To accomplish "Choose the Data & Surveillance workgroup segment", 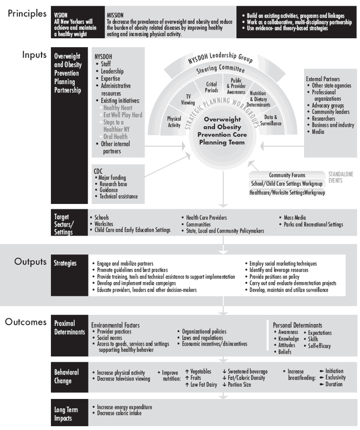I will click(271, 121).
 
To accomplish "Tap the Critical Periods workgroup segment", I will click(211, 87).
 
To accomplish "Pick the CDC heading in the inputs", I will click(98, 171).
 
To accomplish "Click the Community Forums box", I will click(287, 175).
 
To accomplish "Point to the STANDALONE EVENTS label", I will click(340, 177).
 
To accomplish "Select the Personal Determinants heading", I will click(300, 325).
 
